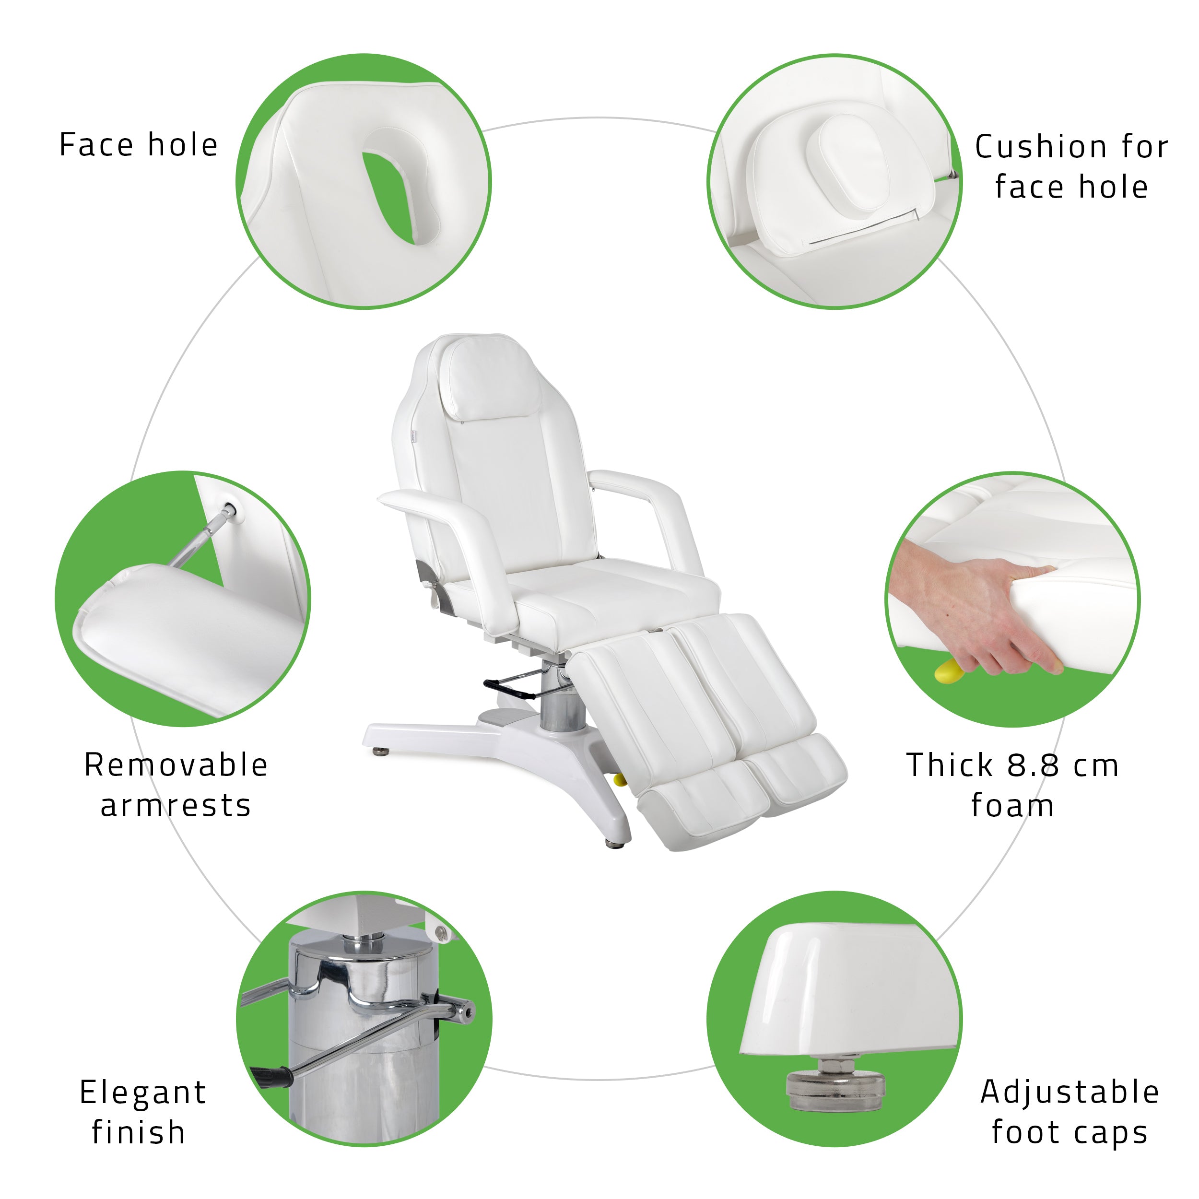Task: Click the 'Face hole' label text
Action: (x=139, y=145)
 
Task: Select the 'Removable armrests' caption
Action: (x=176, y=785)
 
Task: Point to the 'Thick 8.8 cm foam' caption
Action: (x=1013, y=785)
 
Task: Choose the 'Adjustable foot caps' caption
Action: (x=1070, y=1112)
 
